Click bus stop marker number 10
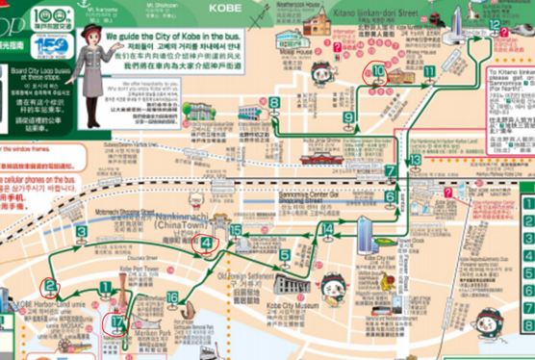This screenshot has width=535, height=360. tap(378, 71)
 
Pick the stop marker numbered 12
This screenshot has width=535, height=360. tap(494, 25)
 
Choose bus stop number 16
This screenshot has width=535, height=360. tap(172, 297)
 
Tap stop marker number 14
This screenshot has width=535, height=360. tap(326, 229)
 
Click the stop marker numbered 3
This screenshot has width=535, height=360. tap(82, 231)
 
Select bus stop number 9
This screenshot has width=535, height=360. tap(348, 117)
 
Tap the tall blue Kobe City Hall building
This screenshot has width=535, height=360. tap(367, 232)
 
